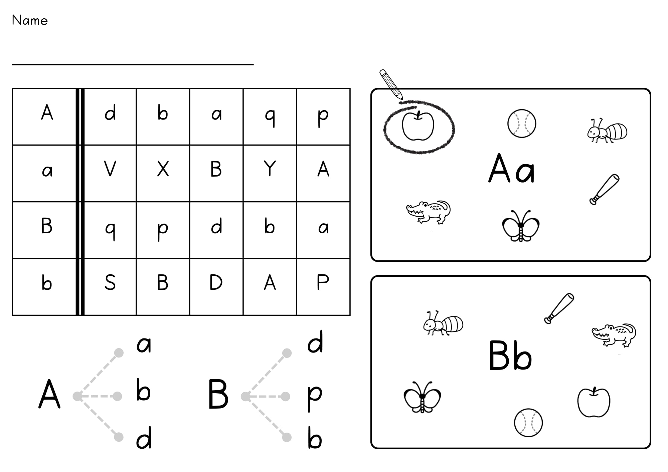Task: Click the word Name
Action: [30, 20]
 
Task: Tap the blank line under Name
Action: [133, 64]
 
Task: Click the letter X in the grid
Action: [163, 169]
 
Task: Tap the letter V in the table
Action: [110, 169]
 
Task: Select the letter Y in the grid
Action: [270, 169]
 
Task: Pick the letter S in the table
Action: [110, 282]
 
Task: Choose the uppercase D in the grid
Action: [216, 282]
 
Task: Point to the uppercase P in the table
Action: [323, 282]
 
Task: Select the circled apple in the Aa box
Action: [418, 126]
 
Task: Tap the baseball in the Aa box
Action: [521, 124]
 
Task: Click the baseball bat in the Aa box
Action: [604, 189]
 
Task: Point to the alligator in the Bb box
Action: [614, 335]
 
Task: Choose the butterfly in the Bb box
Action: [422, 397]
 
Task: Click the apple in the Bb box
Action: [594, 402]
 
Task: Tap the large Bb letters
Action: [510, 356]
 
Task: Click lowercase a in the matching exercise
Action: [144, 344]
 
